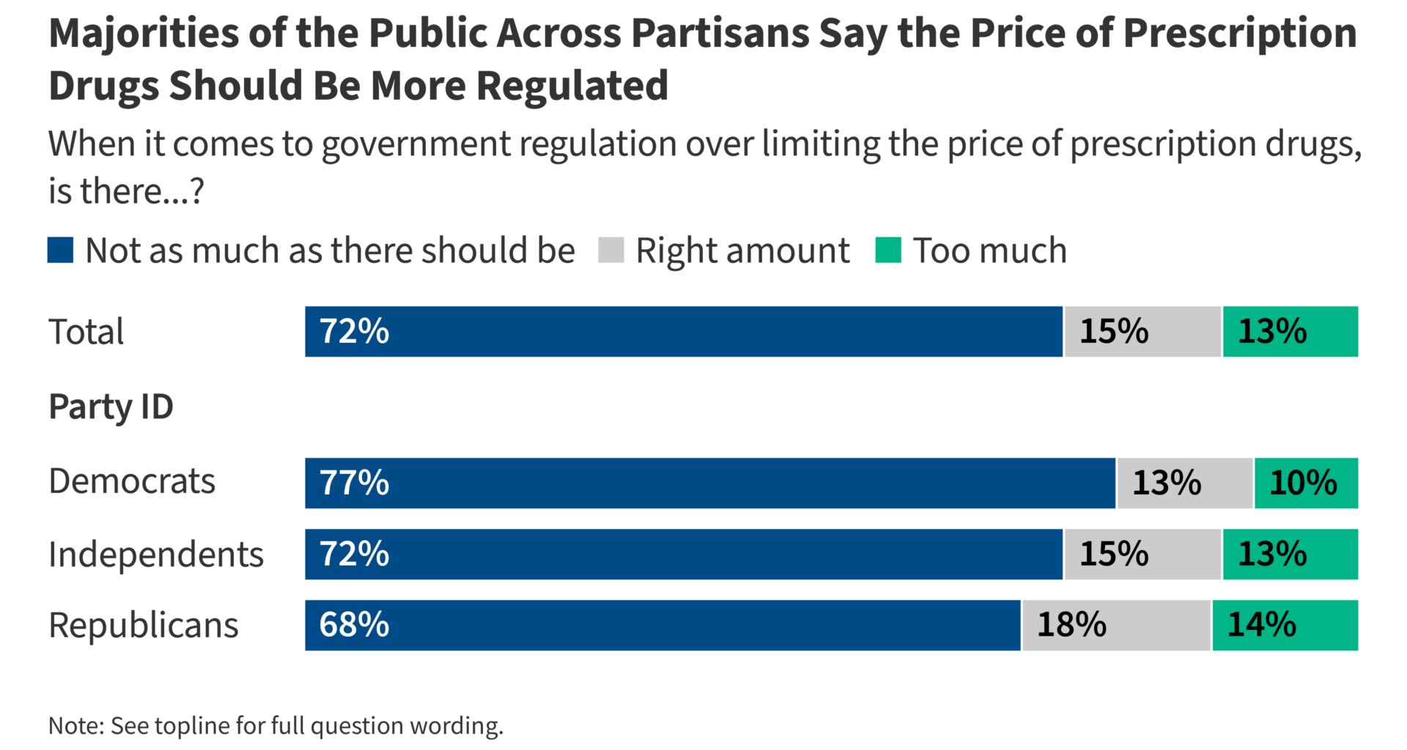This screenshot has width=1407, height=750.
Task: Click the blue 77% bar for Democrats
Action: click(709, 483)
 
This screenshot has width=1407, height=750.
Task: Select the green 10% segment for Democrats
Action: click(1306, 483)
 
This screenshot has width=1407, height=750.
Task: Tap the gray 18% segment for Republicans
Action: click(1115, 625)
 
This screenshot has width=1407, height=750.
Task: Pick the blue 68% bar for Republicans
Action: click(662, 625)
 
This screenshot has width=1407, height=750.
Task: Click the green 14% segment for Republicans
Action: click(1285, 625)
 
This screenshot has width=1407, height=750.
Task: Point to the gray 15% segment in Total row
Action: click(1142, 332)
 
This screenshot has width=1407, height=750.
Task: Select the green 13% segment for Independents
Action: click(1290, 554)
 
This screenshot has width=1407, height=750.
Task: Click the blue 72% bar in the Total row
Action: click(683, 332)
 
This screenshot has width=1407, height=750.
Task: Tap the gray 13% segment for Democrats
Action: click(1184, 483)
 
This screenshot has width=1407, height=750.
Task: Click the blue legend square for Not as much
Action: click(60, 250)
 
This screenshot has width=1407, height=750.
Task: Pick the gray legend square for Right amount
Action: click(610, 250)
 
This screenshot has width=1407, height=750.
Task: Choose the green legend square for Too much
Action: click(887, 250)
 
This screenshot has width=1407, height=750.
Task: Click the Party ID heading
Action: click(111, 406)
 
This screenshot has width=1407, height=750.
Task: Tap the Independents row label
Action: click(155, 554)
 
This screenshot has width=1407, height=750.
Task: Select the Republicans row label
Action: click(143, 625)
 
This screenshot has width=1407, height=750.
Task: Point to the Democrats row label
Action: click(132, 482)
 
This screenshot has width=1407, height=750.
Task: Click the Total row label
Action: click(86, 332)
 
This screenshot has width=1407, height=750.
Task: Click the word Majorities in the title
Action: click(144, 34)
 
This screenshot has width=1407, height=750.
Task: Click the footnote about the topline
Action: click(276, 726)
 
